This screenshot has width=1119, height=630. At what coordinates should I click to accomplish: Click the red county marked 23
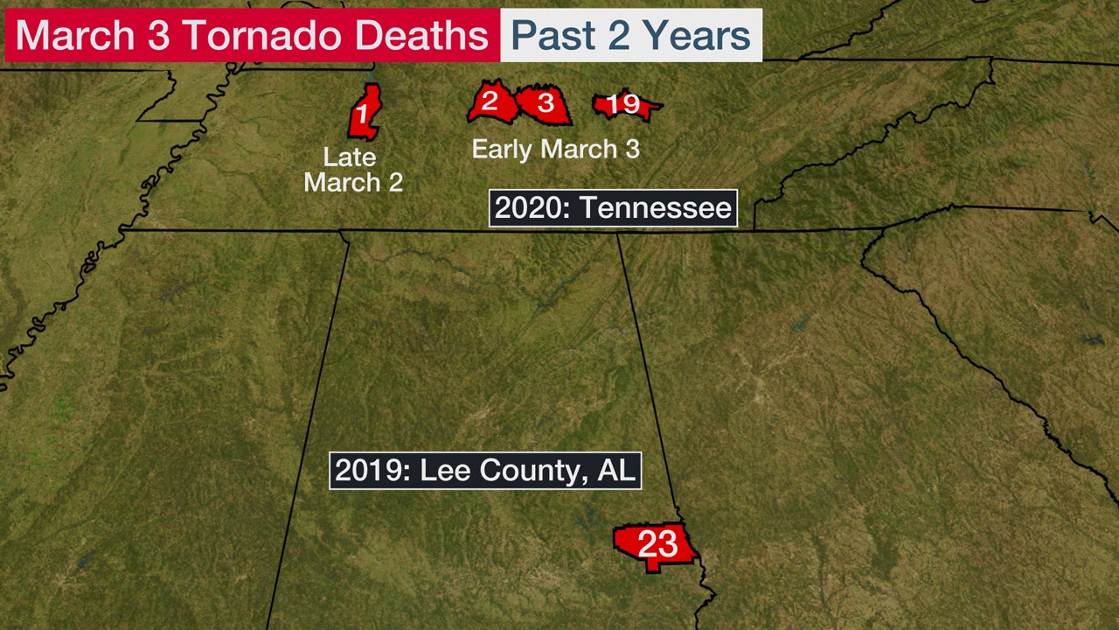click(655, 546)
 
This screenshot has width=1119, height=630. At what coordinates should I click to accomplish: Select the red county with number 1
click(364, 112)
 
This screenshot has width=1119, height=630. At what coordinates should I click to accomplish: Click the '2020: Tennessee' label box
click(613, 208)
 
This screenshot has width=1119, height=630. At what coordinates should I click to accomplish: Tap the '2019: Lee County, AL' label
click(485, 470)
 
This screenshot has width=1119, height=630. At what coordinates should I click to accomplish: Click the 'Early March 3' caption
click(555, 149)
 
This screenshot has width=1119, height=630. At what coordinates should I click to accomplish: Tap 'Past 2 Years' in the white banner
click(630, 36)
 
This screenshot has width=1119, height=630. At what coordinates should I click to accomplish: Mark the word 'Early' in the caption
click(503, 149)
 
